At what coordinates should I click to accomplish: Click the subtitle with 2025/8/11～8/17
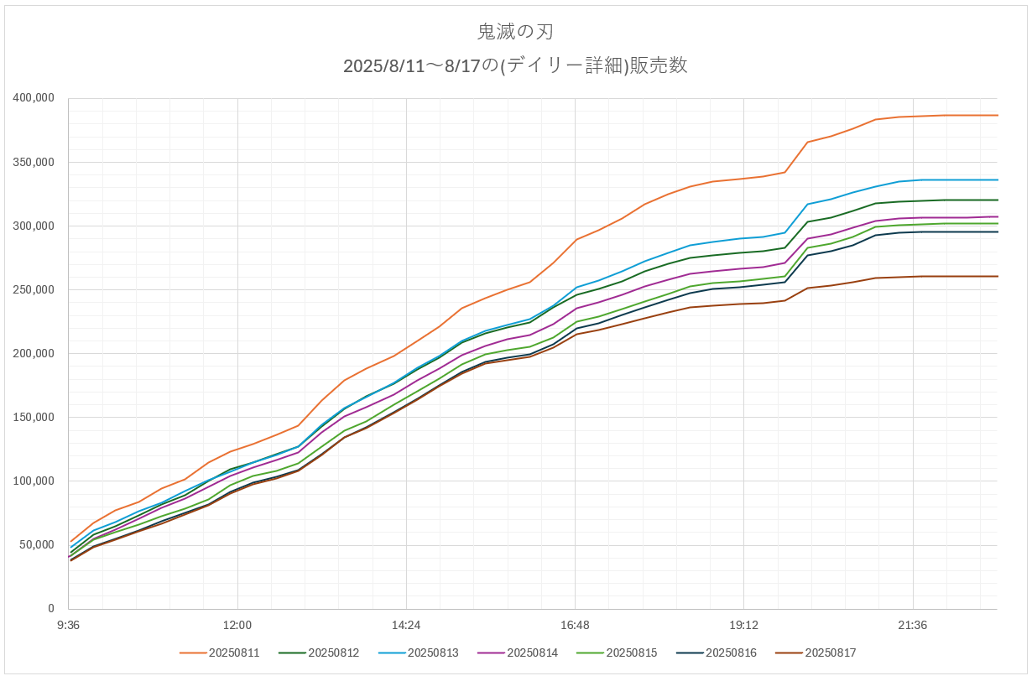click(x=515, y=66)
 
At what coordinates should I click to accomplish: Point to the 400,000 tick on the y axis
click(x=34, y=98)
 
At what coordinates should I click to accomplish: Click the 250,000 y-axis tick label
click(x=34, y=289)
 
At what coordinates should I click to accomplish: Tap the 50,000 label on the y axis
click(x=37, y=545)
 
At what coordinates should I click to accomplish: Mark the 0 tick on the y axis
click(x=50, y=609)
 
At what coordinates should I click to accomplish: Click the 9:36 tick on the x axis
click(x=68, y=626)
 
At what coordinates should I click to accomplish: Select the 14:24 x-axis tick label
click(x=406, y=626)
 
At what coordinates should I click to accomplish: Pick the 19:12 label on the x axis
click(x=743, y=626)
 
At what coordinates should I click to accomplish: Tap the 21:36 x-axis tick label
click(x=912, y=626)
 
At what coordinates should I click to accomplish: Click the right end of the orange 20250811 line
click(x=997, y=115)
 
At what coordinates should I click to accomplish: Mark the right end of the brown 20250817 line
click(x=997, y=276)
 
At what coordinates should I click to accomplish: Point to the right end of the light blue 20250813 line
click(x=997, y=179)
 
